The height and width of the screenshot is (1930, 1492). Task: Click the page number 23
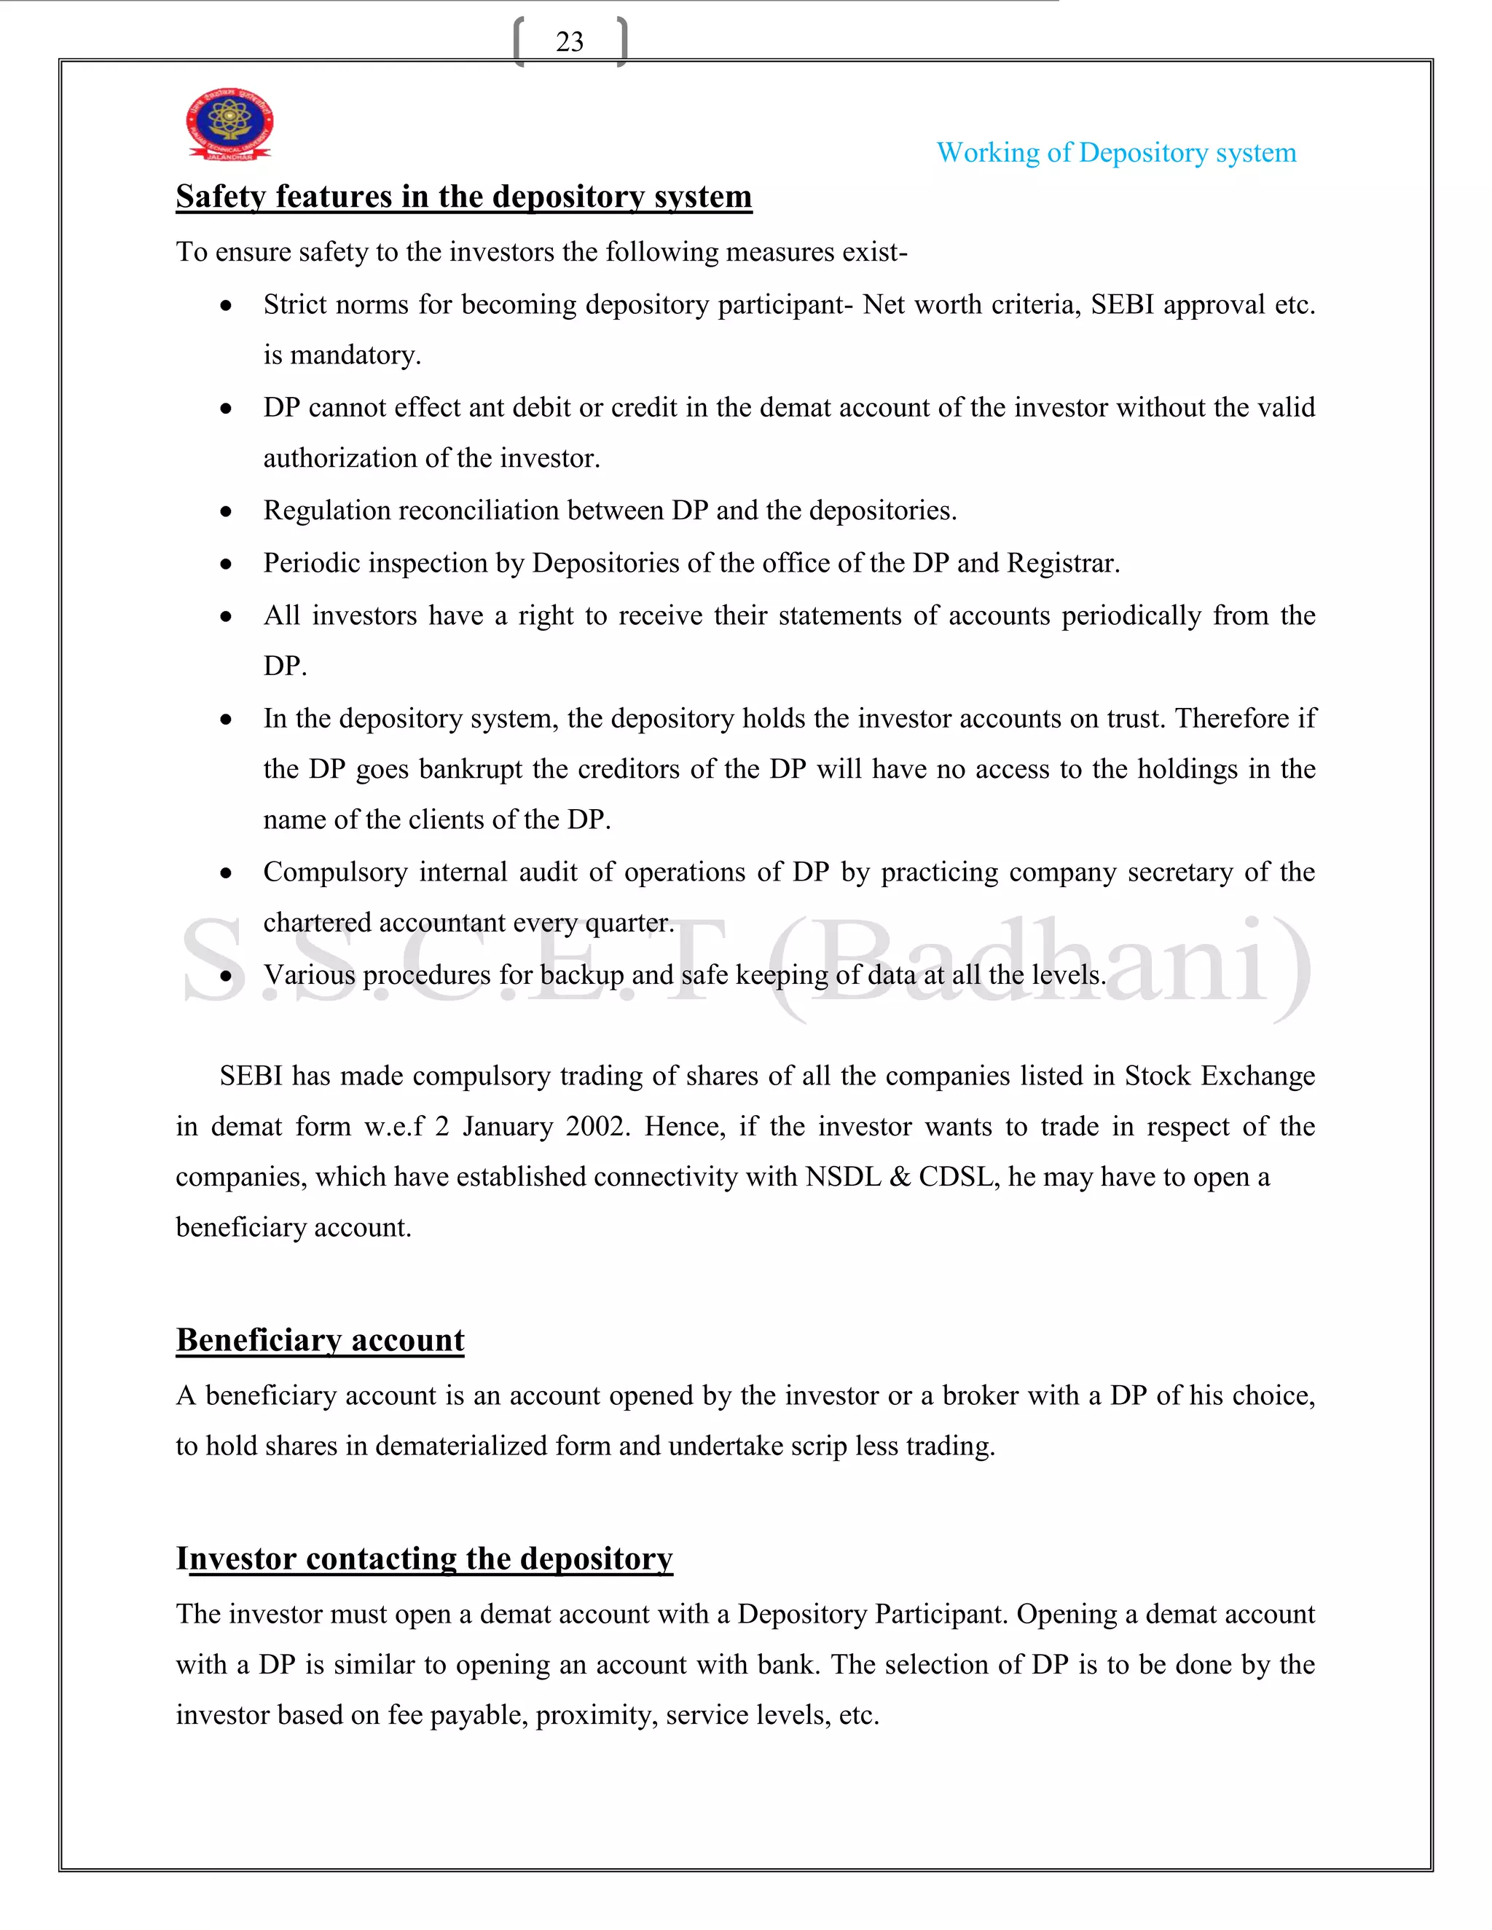[569, 42]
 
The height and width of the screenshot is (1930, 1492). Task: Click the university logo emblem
[229, 124]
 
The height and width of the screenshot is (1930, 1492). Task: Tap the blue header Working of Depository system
[1115, 153]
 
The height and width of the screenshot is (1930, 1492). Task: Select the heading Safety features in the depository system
[463, 196]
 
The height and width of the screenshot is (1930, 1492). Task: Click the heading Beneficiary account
[320, 1339]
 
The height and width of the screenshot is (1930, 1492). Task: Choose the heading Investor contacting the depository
[424, 1558]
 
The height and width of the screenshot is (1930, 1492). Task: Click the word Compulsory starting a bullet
[335, 873]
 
